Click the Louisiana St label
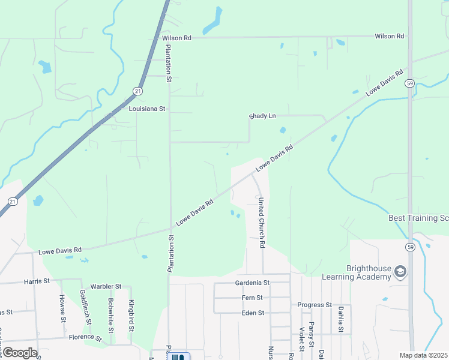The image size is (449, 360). (147, 109)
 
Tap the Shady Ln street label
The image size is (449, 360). (262, 116)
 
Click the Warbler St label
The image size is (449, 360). (106, 287)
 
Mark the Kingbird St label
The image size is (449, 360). (131, 315)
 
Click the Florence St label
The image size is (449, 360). (85, 337)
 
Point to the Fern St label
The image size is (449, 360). (252, 298)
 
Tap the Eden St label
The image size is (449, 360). (252, 313)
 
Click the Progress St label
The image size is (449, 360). (315, 305)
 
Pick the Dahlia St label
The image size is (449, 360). (341, 319)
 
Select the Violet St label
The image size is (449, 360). (301, 340)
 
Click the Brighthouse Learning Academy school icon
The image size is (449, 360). (400, 273)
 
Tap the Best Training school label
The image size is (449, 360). (418, 218)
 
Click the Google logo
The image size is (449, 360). (20, 353)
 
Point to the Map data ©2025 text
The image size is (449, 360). (424, 355)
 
